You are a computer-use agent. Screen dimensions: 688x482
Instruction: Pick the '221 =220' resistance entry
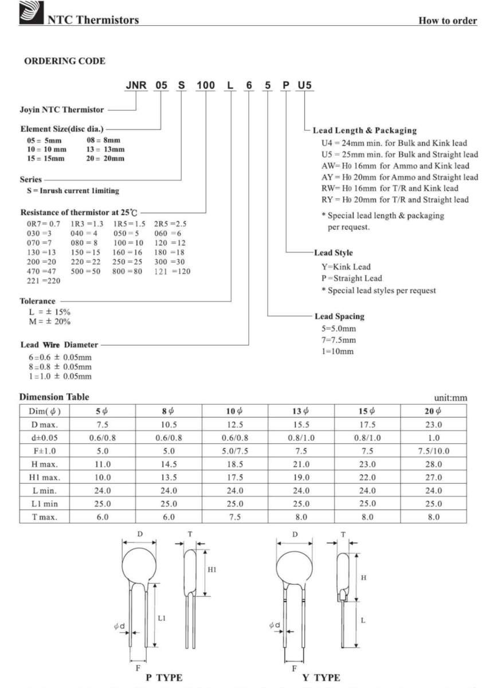tap(34, 281)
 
